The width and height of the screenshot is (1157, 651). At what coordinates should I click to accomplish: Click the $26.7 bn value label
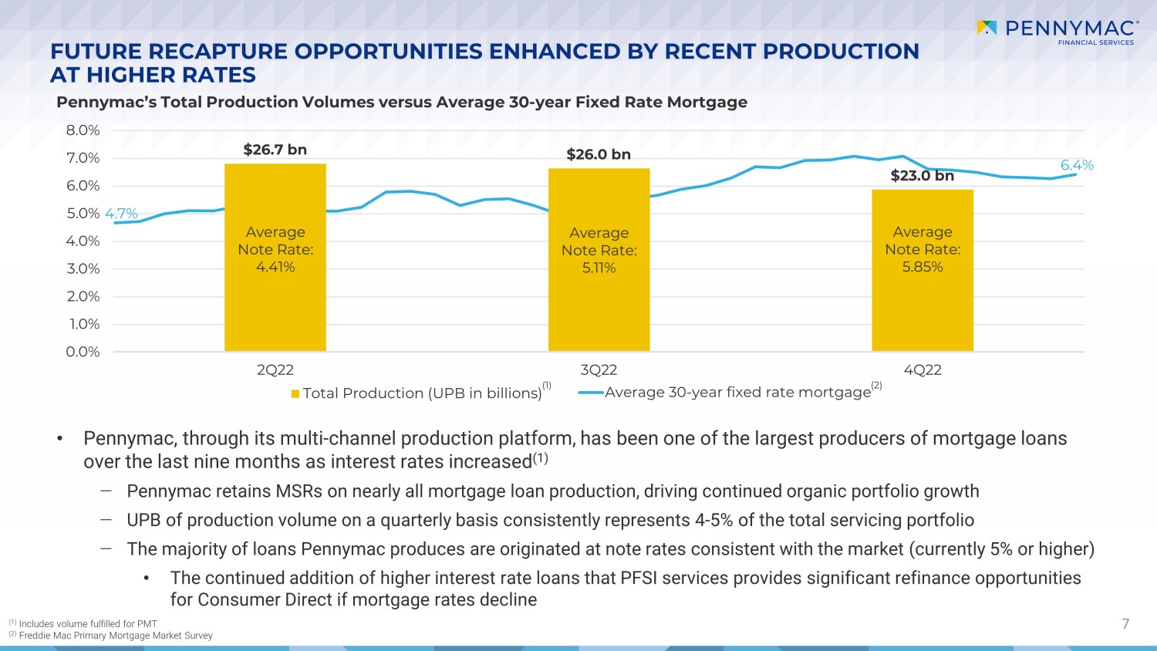(x=275, y=150)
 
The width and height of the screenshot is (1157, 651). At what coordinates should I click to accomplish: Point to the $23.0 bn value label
(x=923, y=176)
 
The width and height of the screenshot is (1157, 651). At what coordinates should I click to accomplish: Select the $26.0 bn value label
(x=599, y=154)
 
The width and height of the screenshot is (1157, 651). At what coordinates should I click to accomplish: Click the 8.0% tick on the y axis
(x=83, y=130)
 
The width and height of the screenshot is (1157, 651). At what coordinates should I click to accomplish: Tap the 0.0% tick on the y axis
(x=83, y=352)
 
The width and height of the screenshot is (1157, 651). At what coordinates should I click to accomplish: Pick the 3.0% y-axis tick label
(x=83, y=268)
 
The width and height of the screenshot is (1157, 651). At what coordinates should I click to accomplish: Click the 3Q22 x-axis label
(x=599, y=369)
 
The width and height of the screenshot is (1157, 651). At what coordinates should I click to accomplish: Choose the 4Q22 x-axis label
(x=923, y=369)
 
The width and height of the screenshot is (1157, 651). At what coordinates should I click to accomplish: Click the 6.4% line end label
(x=1077, y=165)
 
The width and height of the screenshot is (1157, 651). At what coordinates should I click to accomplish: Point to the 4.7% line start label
(x=121, y=214)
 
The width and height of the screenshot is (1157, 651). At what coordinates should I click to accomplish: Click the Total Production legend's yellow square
(x=295, y=394)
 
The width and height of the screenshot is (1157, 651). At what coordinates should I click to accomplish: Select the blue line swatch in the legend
(x=591, y=393)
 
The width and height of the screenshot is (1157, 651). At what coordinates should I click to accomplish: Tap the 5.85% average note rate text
(x=923, y=267)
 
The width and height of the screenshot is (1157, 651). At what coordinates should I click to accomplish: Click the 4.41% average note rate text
(x=275, y=267)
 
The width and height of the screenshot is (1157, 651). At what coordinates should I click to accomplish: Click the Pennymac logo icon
(x=987, y=29)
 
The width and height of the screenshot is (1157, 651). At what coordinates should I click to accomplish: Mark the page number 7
(x=1125, y=624)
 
